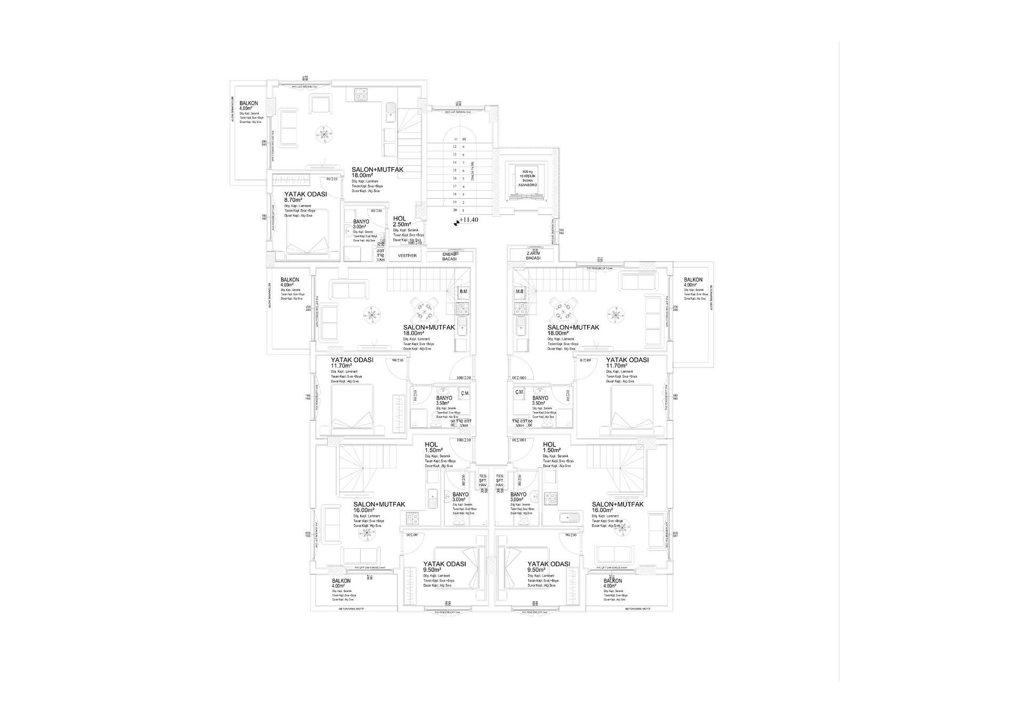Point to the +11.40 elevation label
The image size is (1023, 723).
point(469,220)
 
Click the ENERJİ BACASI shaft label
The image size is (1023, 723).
point(450,257)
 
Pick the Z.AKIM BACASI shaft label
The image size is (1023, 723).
point(533,255)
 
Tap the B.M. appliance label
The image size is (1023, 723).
point(463,291)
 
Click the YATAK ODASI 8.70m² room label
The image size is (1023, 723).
point(305,197)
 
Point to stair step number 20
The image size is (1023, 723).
point(455,210)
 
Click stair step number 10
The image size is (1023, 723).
point(464,139)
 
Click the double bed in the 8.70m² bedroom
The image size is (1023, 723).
point(307,233)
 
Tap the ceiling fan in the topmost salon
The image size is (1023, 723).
point(323,133)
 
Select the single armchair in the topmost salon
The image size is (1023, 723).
point(320,104)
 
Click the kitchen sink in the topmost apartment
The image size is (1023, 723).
point(391,112)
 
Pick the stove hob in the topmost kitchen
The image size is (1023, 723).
point(360,93)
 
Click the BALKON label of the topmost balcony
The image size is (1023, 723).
point(249,103)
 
